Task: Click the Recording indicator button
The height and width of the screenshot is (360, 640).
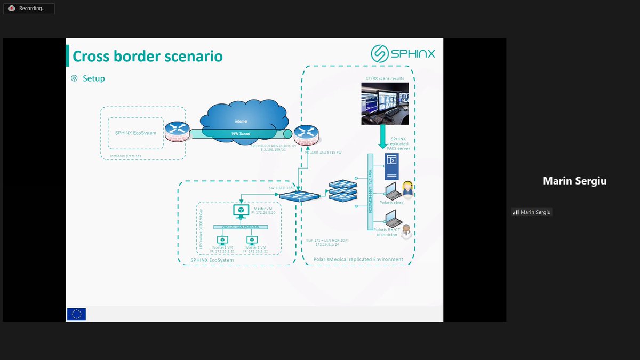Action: point(29,9)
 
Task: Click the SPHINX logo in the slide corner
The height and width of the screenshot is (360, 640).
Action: point(403,53)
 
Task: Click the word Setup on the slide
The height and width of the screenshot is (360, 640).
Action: point(93,78)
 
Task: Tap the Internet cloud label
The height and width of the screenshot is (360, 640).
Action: point(241,122)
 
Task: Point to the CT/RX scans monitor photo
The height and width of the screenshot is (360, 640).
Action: point(385,103)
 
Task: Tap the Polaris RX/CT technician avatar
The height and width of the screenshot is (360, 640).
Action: point(406,231)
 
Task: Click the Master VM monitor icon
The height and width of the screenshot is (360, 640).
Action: point(241,211)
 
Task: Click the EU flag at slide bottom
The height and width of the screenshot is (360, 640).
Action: point(76,314)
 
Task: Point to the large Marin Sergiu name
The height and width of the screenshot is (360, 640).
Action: point(574,181)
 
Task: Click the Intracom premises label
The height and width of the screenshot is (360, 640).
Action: point(125,156)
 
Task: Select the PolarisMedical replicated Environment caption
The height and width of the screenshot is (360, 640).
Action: point(358,259)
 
